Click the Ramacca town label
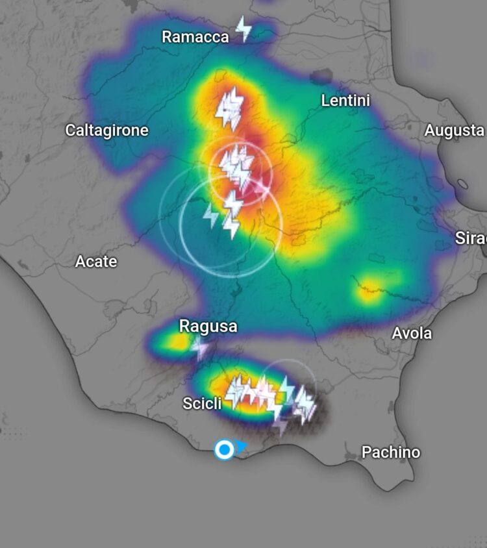pos(195,37)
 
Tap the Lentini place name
pos(345,101)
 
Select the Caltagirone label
pos(106,131)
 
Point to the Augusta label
pos(454,131)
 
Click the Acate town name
pos(96,262)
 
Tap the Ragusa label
pos(208,326)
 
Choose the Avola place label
pos(412,333)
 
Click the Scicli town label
pos(202,403)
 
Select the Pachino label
pos(390,452)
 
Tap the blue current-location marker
pos(224,449)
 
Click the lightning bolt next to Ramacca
pos(243,29)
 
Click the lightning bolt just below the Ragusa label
pos(201,348)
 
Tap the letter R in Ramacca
pos(167,37)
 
